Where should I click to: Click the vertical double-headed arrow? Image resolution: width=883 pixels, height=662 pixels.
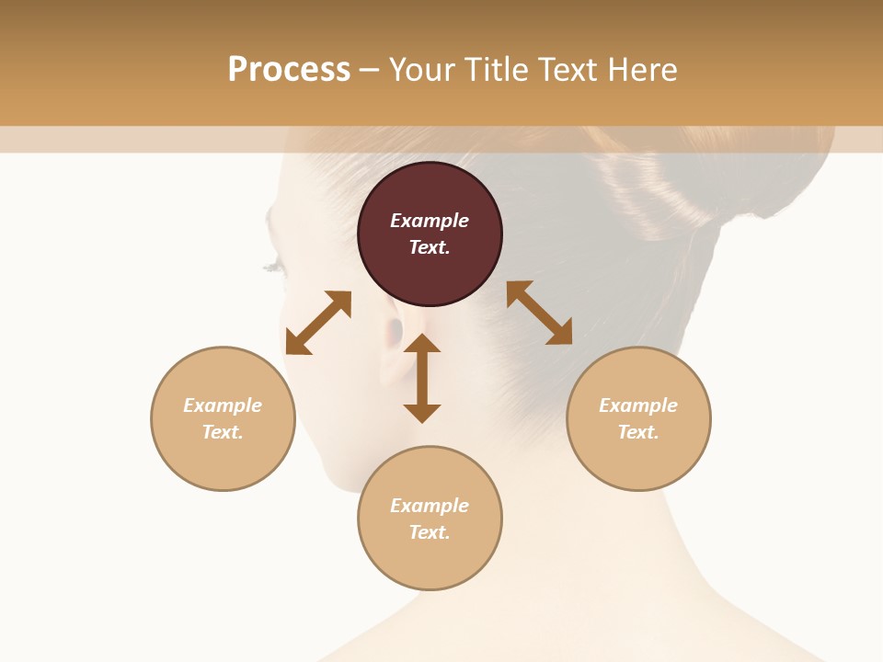[x=422, y=378]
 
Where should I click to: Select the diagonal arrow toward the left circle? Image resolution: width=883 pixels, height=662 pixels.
[x=318, y=323]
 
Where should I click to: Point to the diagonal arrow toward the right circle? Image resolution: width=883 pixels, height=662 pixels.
[x=539, y=313]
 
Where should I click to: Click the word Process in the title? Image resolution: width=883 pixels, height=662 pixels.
[x=289, y=70]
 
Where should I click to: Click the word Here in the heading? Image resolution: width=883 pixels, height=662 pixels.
[x=643, y=70]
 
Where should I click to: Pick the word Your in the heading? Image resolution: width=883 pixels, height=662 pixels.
[x=421, y=70]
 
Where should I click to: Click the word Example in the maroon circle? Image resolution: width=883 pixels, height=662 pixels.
[x=430, y=221]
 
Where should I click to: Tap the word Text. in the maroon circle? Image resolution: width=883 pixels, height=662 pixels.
[x=430, y=247]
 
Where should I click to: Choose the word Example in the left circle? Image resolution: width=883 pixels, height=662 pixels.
[x=223, y=405]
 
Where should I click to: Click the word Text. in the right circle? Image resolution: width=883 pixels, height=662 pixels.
[x=638, y=432]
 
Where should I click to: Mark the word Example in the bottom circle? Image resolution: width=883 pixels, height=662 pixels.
[x=430, y=506]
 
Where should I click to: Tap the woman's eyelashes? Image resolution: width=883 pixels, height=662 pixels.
[x=273, y=267]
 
